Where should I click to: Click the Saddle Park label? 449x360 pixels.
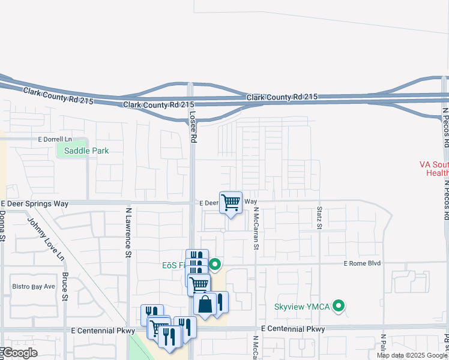(87, 151)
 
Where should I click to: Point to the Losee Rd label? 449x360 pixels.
(193, 126)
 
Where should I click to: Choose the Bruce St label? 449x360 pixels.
(65, 283)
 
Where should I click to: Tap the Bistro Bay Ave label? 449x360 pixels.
(34, 287)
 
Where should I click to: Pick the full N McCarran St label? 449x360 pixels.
(256, 229)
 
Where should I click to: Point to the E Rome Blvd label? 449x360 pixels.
(363, 263)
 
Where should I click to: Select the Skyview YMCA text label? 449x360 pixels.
(302, 307)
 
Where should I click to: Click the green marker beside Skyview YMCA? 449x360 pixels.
(339, 307)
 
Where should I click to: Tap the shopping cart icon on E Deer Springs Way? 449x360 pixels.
(231, 203)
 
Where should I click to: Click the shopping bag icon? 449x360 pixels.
(205, 304)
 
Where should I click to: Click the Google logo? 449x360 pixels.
(19, 353)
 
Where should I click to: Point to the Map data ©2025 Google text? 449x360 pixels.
(412, 355)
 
